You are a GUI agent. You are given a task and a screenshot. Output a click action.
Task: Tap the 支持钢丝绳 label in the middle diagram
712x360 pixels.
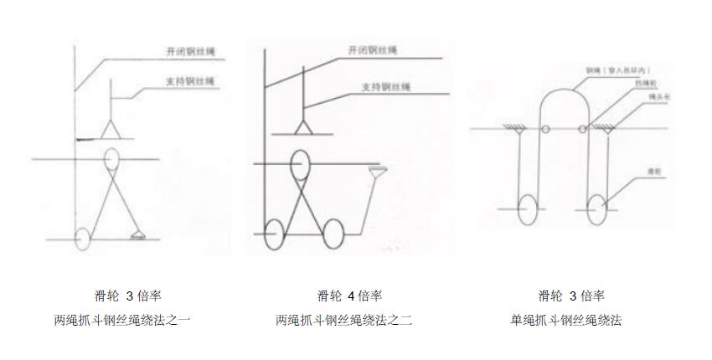click(x=385, y=86)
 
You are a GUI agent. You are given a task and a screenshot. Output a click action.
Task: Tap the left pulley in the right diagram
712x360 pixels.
click(x=529, y=209)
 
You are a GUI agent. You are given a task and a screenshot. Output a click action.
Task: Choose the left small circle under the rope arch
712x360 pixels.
click(x=544, y=129)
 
